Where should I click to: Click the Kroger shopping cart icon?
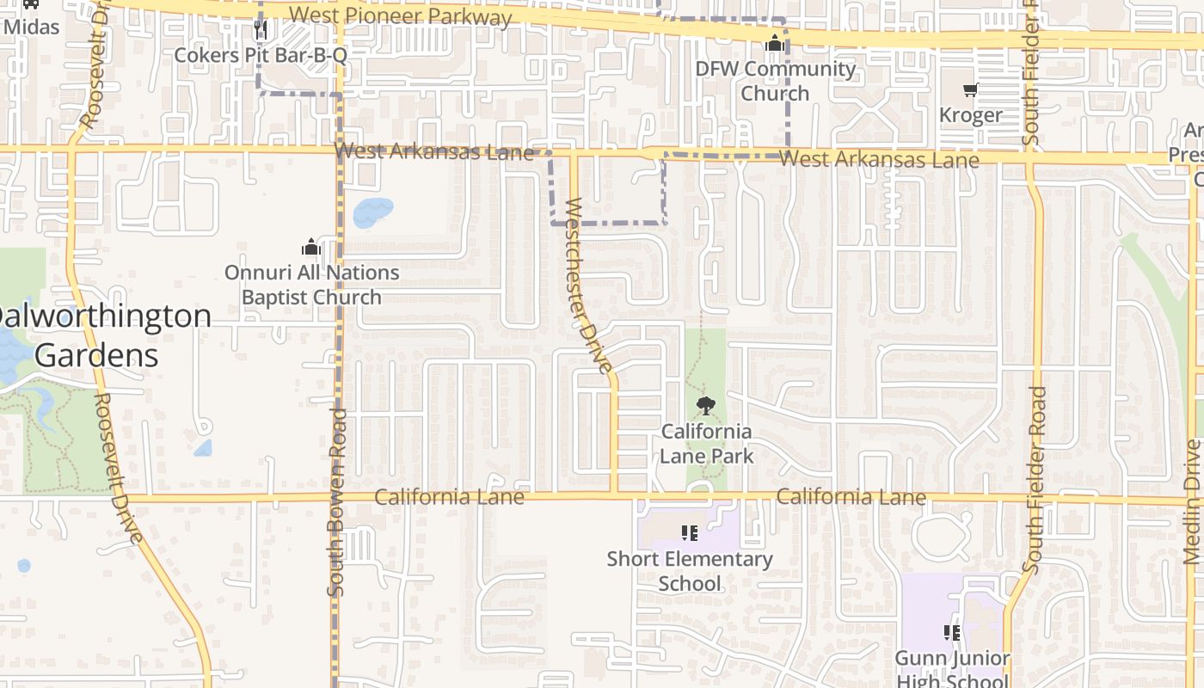point(970,90)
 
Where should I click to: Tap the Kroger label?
point(970,115)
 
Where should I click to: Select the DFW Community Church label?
point(776,81)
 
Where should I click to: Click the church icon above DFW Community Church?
point(775,43)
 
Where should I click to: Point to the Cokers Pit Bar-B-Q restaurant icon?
point(261,31)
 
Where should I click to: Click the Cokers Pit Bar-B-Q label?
point(261,56)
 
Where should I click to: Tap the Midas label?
point(32,27)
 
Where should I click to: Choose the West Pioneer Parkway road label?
point(401,15)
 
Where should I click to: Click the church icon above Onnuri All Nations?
point(311,248)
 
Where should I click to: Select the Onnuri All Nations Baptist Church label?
point(311,285)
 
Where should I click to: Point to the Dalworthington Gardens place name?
point(99,335)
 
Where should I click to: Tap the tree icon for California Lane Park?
point(706,406)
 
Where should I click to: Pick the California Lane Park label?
point(706,444)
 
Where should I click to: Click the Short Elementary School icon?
point(689,533)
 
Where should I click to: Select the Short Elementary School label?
point(690,571)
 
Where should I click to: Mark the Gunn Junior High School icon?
point(952,633)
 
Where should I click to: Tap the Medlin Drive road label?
point(1193,502)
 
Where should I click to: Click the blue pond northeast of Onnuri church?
point(372,211)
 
